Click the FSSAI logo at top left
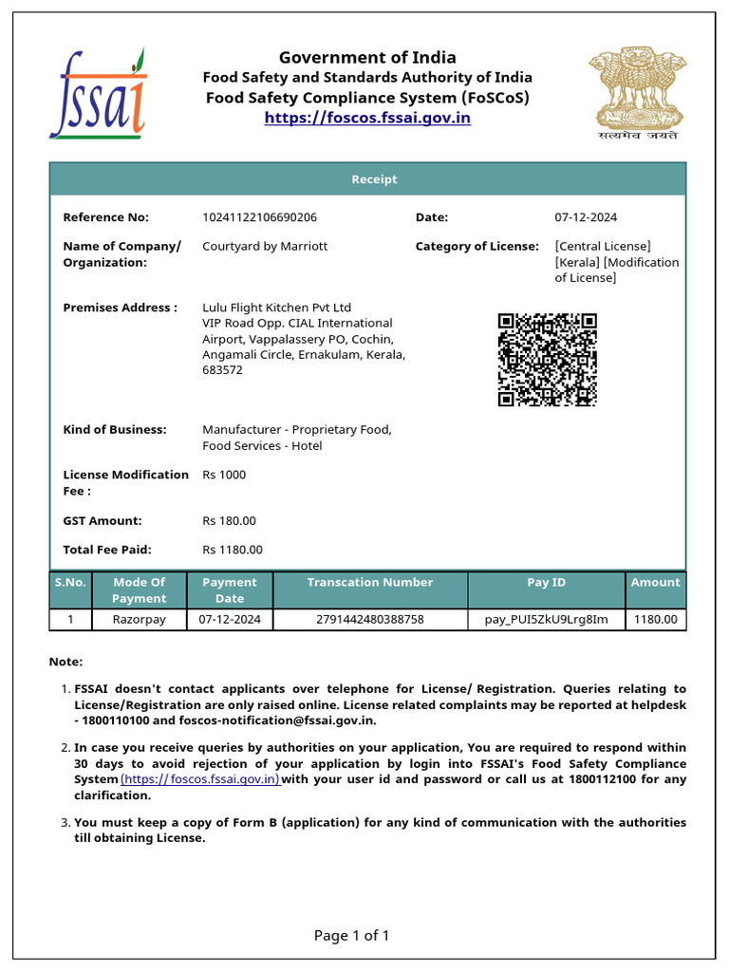click(x=98, y=93)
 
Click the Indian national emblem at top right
click(x=633, y=93)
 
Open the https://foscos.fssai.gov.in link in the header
click(x=367, y=118)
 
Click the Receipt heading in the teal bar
click(x=374, y=179)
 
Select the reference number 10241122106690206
click(x=259, y=217)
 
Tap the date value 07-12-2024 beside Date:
click(x=586, y=217)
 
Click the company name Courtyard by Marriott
click(x=265, y=246)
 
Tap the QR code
click(x=547, y=360)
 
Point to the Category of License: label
click(x=477, y=246)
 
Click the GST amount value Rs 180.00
click(x=229, y=520)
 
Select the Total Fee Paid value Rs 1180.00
click(x=233, y=549)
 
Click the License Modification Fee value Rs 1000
click(x=224, y=475)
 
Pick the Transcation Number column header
click(x=369, y=583)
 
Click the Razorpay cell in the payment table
click(x=139, y=620)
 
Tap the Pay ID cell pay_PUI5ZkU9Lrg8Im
click(x=546, y=620)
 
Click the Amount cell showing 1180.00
click(x=655, y=620)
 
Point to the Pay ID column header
click(x=546, y=583)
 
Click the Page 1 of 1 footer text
click(x=351, y=936)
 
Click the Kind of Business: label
click(x=114, y=429)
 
